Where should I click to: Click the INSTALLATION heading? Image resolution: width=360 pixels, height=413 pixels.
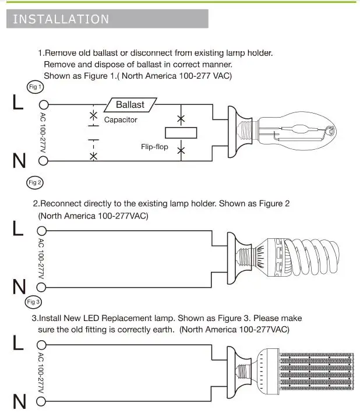(x=61, y=19)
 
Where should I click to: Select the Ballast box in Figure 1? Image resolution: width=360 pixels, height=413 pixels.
(x=130, y=104)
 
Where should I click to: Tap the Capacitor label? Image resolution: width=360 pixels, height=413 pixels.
(x=121, y=119)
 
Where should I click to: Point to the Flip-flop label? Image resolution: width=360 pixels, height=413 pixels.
(x=154, y=147)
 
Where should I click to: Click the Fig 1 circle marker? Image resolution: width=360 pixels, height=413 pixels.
(x=36, y=87)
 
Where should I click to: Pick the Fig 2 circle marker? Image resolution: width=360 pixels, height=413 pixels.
(x=35, y=182)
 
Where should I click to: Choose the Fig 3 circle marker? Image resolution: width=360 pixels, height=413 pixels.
(x=34, y=302)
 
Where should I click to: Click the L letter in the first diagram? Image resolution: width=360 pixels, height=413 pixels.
(x=17, y=103)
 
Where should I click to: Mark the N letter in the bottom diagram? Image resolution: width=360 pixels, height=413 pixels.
(x=19, y=402)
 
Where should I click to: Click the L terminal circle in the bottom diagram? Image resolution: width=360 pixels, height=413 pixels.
(x=43, y=344)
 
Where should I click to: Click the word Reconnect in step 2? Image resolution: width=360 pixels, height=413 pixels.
(x=64, y=204)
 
